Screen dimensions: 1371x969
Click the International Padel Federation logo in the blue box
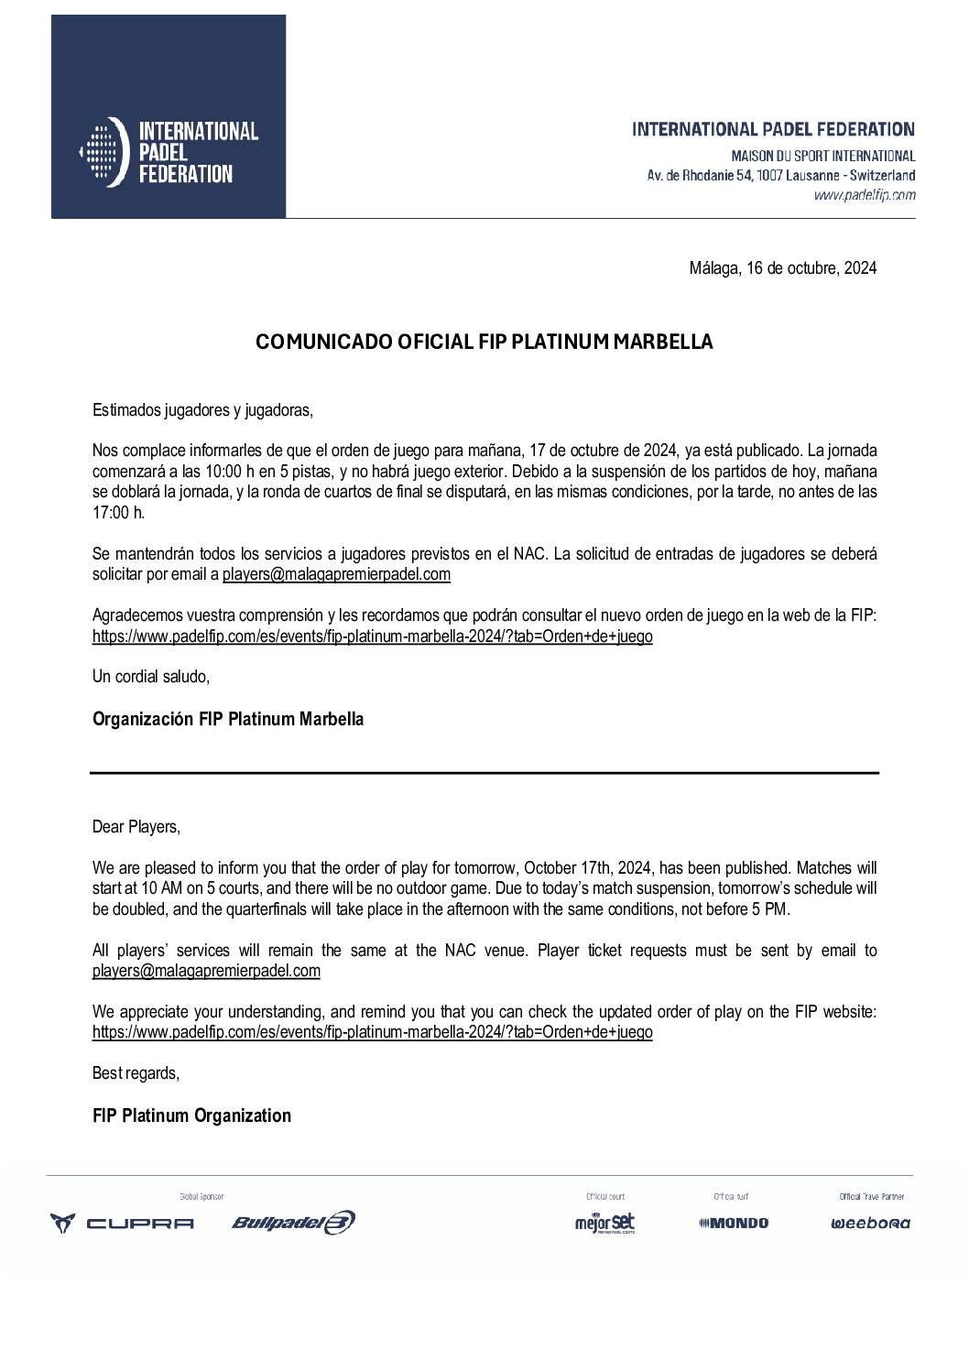coord(169,152)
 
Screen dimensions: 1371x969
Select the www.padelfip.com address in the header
coord(864,195)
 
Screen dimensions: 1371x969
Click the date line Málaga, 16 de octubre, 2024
coord(782,268)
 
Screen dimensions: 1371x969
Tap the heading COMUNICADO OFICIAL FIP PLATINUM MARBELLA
coord(484,343)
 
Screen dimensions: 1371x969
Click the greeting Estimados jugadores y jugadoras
coord(202,410)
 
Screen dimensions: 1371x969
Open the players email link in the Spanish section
coord(336,575)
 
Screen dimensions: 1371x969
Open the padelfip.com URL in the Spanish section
coord(372,637)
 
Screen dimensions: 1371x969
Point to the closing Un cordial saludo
coord(151,677)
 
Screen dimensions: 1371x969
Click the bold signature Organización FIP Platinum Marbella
coord(228,720)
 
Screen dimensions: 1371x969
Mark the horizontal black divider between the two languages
coord(484,774)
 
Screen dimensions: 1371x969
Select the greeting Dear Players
coord(136,827)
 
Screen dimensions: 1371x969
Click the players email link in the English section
coord(206,971)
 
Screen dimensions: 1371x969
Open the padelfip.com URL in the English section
coord(372,1032)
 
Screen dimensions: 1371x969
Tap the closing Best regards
coord(136,1073)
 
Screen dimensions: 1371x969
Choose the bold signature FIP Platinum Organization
coord(191,1115)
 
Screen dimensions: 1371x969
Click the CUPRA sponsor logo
coord(122,1223)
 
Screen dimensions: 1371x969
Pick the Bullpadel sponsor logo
coord(293,1223)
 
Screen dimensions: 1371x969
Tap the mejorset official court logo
coord(604,1223)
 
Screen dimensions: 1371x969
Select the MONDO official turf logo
coord(733,1223)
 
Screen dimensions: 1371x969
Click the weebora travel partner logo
coord(870,1224)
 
